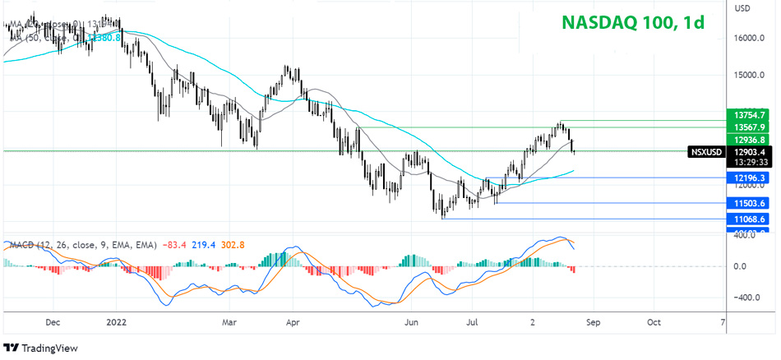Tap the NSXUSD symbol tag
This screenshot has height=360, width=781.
[707, 151]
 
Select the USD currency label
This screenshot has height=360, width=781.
[742, 9]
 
